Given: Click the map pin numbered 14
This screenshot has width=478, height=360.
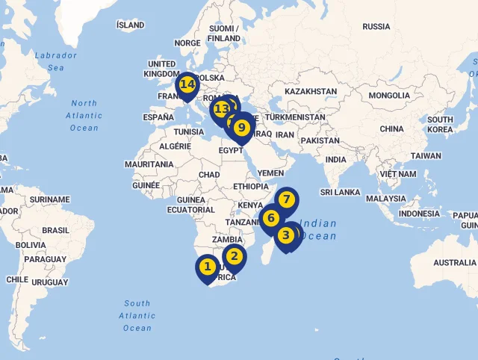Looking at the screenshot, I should click(x=187, y=84).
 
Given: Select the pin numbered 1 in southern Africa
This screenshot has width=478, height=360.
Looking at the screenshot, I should click(x=208, y=266).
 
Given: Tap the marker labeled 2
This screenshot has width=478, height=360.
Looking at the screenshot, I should click(x=234, y=256).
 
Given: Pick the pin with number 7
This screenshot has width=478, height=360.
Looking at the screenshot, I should click(x=286, y=199).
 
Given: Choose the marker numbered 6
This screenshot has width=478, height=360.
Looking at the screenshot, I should click(x=271, y=218).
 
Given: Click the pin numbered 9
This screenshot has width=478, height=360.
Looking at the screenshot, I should click(x=241, y=127).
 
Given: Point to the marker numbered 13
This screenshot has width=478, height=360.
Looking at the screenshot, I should click(x=220, y=109).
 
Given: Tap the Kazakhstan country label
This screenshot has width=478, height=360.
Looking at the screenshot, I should click(x=311, y=91).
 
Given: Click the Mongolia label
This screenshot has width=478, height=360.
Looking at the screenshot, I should click(x=388, y=96).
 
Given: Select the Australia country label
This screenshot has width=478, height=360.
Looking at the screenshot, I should click(x=454, y=263).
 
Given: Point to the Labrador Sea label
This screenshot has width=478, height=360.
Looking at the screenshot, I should click(x=55, y=61).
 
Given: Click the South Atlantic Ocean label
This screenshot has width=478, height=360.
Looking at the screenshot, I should click(x=137, y=315).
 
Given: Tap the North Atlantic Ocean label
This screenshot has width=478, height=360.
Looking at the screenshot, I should click(x=84, y=116).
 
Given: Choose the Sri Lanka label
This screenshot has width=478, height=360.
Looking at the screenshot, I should click(x=340, y=192).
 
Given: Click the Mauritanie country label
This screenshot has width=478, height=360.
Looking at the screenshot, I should click(x=149, y=164).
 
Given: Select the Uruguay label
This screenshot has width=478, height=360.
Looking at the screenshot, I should click(x=50, y=282).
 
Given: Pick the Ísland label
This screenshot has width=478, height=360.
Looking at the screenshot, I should click(x=131, y=25).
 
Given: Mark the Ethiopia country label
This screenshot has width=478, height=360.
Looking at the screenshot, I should click(x=250, y=187).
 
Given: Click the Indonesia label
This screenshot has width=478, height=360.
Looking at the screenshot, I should click(x=419, y=214).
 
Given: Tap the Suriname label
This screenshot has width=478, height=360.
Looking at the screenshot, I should click(x=49, y=200).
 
